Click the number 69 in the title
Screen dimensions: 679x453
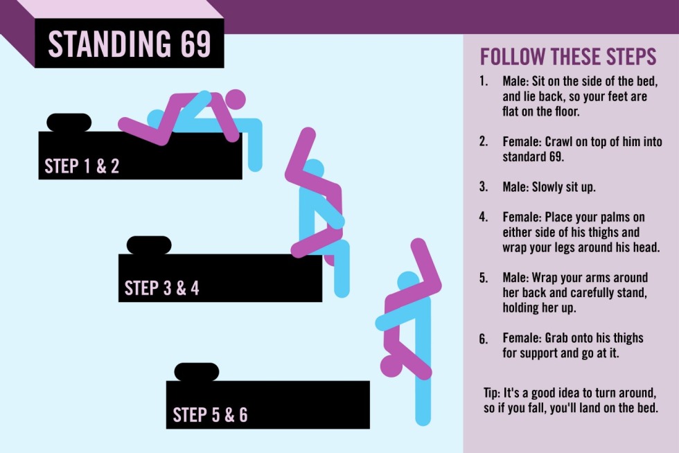(195, 44)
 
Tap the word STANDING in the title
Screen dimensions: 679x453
(109, 44)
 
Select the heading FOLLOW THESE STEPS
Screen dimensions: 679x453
(568, 57)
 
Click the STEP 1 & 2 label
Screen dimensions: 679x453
(82, 166)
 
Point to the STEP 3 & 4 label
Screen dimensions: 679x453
(162, 288)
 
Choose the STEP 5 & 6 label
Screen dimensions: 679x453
(210, 415)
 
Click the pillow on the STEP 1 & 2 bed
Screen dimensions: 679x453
(69, 122)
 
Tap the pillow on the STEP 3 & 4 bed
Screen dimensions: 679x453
(149, 245)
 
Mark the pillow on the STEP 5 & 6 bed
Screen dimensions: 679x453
(197, 372)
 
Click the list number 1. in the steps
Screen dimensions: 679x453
(484, 81)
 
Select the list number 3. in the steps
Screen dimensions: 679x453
(484, 186)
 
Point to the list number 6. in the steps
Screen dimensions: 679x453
(484, 338)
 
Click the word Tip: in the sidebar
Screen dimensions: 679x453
(491, 393)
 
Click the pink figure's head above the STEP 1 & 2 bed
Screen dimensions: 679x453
(235, 100)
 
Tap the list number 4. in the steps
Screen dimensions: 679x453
(484, 217)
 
